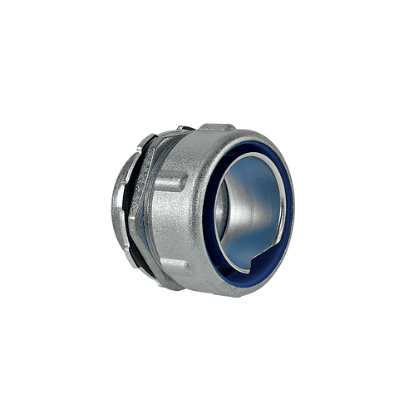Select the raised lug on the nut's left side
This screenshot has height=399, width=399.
click(169, 182)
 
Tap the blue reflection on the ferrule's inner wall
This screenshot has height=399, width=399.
click(249, 199)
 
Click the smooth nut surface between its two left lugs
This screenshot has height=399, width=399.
click(170, 224)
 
